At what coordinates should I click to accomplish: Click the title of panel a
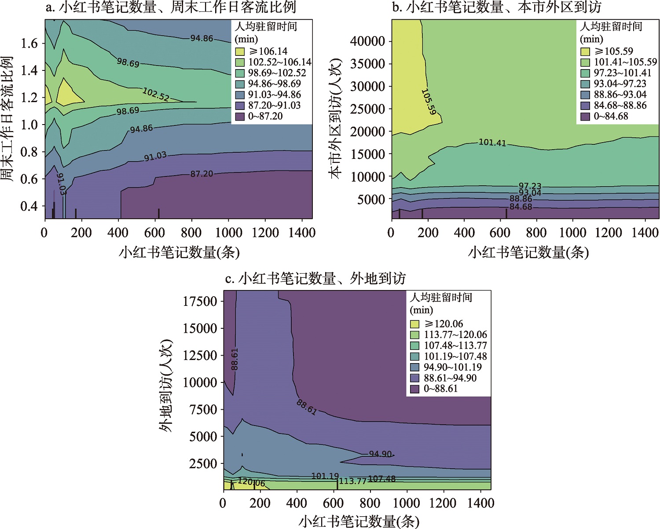(171, 7)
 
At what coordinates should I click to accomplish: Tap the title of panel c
(315, 279)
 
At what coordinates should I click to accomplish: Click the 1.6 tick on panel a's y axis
(29, 43)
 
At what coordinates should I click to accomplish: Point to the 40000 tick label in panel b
(367, 41)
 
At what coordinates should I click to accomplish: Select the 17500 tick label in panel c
(200, 301)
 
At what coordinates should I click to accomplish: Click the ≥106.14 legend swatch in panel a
(240, 51)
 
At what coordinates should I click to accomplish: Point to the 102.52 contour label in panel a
(156, 94)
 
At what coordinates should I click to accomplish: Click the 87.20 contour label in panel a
(202, 174)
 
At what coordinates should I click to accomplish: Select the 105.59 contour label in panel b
(429, 102)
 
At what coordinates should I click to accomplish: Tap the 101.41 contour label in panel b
(492, 143)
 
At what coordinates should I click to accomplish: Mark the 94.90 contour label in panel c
(380, 454)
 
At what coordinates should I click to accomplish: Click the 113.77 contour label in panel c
(352, 481)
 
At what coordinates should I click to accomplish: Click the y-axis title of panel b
(336, 118)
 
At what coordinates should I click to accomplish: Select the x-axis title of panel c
(359, 522)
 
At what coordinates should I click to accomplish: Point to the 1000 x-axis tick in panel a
(228, 233)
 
